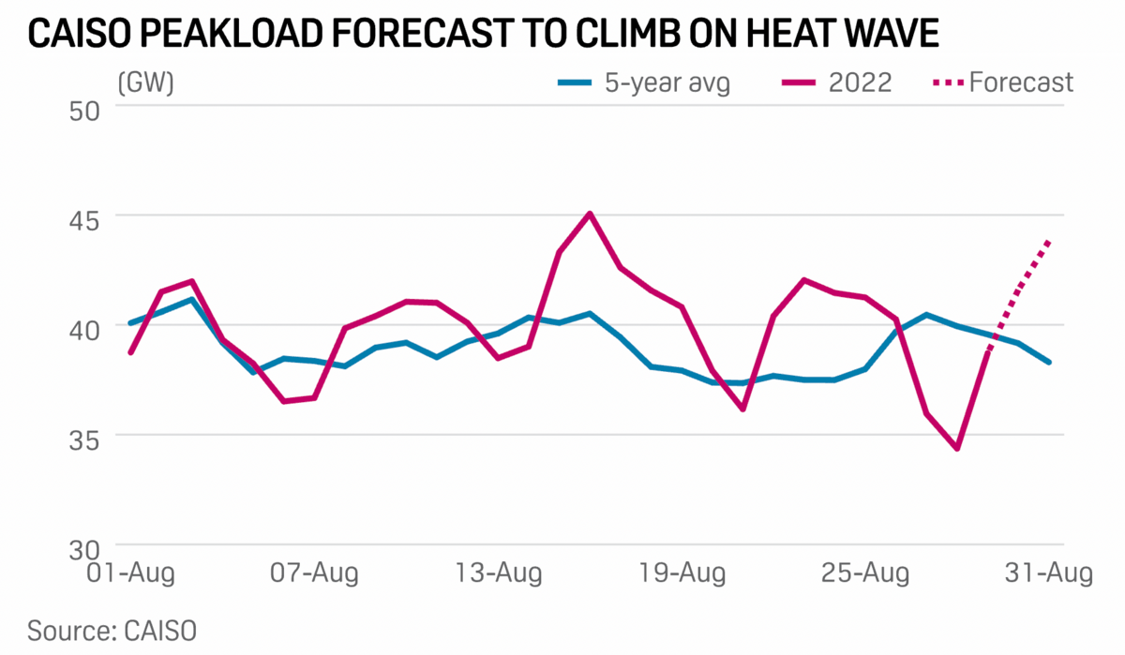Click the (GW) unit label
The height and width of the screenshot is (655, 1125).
(x=145, y=82)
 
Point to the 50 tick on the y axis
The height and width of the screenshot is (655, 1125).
(x=88, y=107)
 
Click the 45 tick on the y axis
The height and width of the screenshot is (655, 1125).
(x=88, y=216)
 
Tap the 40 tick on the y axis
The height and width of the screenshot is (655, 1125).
(x=88, y=326)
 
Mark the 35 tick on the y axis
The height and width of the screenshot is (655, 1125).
(x=88, y=436)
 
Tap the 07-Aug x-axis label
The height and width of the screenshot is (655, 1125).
(x=313, y=573)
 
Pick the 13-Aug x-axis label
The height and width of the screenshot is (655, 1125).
(x=497, y=573)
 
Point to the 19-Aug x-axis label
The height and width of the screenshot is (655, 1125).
(x=682, y=573)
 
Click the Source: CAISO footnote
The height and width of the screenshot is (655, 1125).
(x=112, y=630)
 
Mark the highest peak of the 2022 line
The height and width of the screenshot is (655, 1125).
(x=589, y=214)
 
